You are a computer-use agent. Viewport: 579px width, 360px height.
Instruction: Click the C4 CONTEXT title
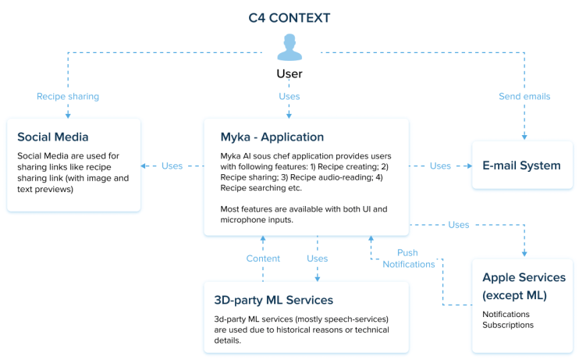point(289,17)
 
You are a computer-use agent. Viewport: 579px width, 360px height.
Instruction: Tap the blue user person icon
point(289,48)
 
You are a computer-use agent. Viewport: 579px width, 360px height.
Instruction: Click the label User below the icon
point(289,74)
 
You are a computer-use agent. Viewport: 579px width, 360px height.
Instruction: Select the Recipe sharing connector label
point(68,97)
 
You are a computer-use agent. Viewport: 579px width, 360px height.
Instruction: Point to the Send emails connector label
point(524,97)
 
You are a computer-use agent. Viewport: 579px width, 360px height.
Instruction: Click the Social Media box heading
point(53,137)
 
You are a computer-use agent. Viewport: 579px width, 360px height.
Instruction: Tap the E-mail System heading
point(522,166)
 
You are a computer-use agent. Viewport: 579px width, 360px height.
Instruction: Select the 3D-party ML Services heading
point(274,300)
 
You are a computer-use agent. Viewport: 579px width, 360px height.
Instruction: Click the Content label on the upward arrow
point(263,258)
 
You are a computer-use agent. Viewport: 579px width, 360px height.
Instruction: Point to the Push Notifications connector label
point(408,258)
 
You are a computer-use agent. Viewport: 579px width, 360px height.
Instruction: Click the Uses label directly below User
point(289,97)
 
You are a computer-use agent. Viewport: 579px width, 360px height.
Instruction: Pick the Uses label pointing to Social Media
point(172,166)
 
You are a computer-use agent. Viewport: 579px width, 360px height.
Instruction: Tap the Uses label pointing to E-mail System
point(440,166)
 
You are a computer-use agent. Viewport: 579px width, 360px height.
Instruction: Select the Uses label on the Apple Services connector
point(459,225)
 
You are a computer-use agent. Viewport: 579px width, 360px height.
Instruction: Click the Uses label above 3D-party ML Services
point(317,258)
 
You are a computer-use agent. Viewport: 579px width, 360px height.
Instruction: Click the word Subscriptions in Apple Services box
point(508,325)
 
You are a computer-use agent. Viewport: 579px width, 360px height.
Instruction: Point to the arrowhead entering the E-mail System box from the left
point(468,166)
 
